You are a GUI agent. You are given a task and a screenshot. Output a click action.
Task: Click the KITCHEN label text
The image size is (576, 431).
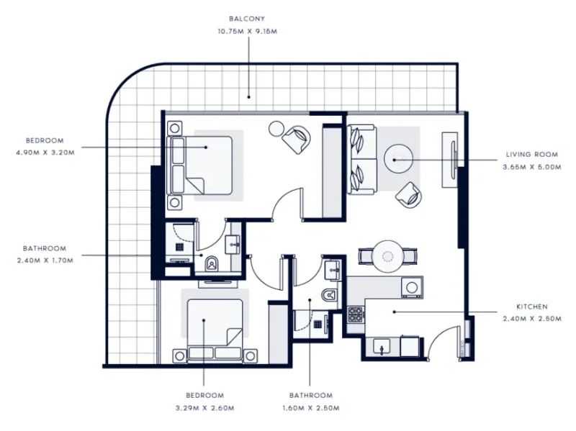[532, 306]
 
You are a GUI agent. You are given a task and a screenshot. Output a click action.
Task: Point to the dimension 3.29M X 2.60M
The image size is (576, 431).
[205, 408]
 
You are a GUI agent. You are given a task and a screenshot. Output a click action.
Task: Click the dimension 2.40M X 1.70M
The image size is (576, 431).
[44, 260]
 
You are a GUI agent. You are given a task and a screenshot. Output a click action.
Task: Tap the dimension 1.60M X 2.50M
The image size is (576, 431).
[310, 408]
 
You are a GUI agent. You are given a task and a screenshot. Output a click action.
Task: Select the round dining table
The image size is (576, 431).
[388, 255]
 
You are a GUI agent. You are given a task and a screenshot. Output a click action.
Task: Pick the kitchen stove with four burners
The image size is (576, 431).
[356, 314]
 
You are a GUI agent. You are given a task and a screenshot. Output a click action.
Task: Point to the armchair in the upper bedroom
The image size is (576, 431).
[297, 137]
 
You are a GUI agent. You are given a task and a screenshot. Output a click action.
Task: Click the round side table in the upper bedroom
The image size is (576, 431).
[276, 129]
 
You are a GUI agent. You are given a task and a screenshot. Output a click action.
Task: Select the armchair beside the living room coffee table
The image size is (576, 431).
[410, 192]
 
